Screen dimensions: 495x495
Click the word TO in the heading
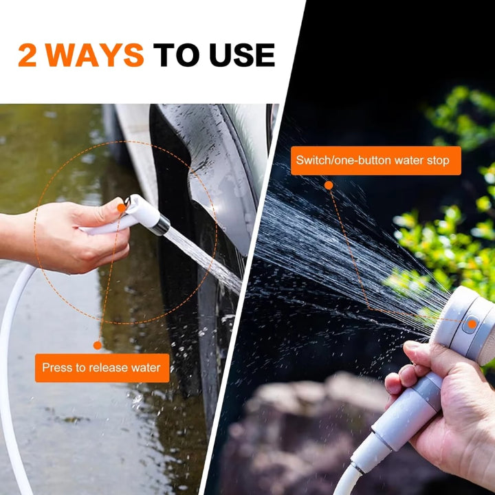pos(175,56)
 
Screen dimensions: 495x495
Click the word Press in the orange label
pos(56,368)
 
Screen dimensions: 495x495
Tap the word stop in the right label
pos(437,161)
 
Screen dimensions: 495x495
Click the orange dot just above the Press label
pos(98,345)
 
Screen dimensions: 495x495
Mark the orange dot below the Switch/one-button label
pos(329,185)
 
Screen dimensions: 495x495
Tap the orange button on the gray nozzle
pos(472,324)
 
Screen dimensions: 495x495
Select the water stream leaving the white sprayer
pos(203,258)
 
